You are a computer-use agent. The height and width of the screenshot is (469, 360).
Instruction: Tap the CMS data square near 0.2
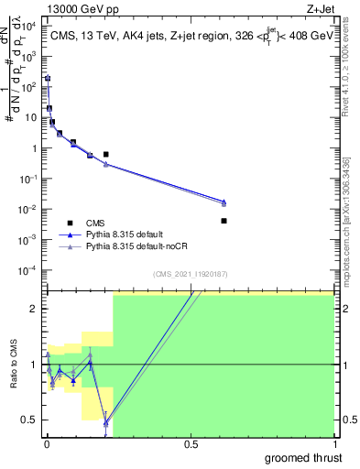(x=106, y=154)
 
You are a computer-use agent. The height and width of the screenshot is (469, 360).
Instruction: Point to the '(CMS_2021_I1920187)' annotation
(x=189, y=274)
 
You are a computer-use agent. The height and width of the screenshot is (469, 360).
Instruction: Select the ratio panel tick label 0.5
(x=31, y=420)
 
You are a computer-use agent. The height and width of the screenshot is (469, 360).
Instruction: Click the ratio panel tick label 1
(x=36, y=365)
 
